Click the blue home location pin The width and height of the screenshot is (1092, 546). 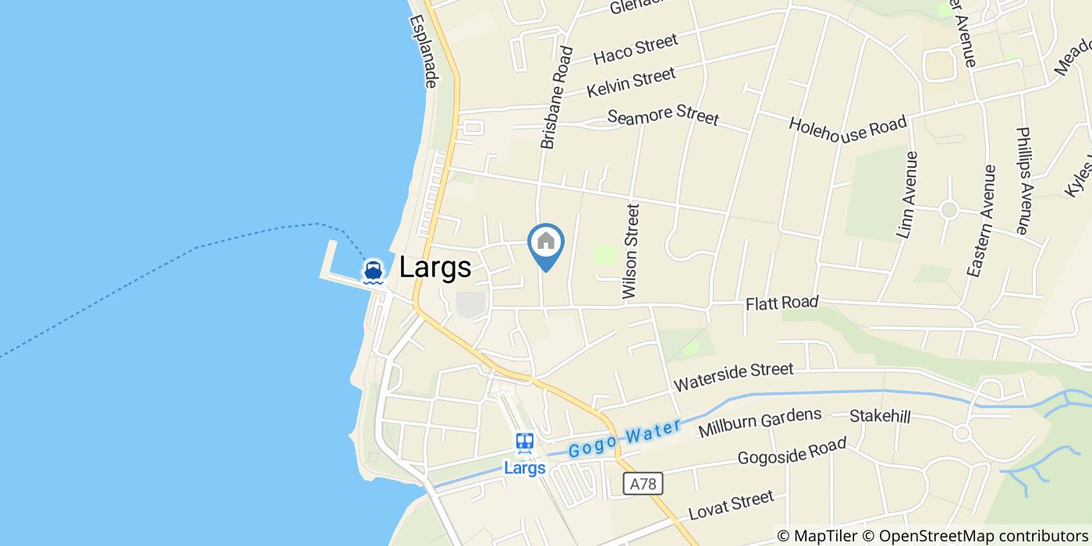pos(546,243)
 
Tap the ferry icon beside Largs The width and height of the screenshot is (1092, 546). pos(374,271)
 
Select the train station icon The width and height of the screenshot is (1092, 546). pos(524,443)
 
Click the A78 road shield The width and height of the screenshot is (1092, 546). pos(643,484)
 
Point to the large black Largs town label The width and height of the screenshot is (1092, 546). pos(435,268)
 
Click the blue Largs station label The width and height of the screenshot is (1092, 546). pos(524,469)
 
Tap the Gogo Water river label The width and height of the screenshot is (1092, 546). pos(624,439)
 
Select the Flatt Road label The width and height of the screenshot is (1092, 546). pos(782,303)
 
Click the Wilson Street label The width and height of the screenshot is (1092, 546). pos(630,251)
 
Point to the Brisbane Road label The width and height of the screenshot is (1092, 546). pos(556,97)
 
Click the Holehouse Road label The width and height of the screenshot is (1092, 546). pos(848,129)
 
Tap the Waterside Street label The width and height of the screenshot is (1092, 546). pos(733,377)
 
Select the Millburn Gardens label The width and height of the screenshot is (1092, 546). pos(760,422)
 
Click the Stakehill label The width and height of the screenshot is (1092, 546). pos(880,417)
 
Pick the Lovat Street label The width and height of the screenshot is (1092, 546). pos(731,505)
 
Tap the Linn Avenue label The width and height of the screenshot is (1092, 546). pos(907,194)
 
